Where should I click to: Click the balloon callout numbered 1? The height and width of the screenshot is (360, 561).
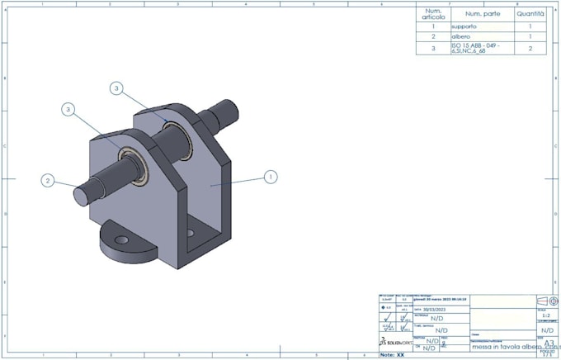270,176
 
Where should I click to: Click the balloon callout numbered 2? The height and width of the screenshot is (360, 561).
49,181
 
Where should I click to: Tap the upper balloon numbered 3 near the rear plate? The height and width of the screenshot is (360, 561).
117,88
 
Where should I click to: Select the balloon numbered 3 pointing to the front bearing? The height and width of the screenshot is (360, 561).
68,108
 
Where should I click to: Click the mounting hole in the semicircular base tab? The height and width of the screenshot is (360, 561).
122,239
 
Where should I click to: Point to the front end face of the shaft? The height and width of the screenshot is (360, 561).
79,195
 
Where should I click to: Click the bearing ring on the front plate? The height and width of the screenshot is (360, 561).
131,157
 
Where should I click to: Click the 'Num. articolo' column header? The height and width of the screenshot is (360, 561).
433,14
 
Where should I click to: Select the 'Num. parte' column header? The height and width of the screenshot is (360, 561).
481,14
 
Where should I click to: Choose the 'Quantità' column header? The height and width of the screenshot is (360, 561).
530,14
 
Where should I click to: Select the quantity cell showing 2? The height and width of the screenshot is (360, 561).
530,49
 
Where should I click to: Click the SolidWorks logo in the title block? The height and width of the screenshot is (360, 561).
395,341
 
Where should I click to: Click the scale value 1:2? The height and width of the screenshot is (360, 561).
547,315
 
